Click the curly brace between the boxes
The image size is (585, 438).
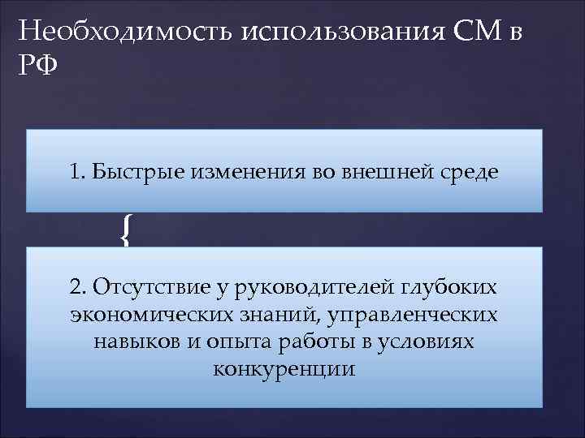click(x=125, y=230)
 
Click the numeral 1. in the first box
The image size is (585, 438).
click(x=78, y=172)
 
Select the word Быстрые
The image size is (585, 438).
click(x=126, y=172)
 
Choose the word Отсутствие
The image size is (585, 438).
click(x=143, y=288)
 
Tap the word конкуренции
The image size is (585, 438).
click(x=284, y=368)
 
